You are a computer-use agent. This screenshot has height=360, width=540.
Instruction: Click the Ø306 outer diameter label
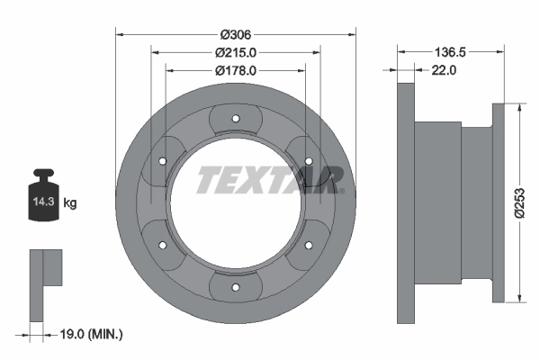pyautogui.click(x=236, y=34)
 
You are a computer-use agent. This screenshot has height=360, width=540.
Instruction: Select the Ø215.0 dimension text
pyautogui.click(x=236, y=52)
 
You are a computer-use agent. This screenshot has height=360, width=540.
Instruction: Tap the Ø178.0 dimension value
pyautogui.click(x=236, y=69)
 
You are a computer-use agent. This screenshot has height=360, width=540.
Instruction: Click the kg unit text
pyautogui.click(x=70, y=203)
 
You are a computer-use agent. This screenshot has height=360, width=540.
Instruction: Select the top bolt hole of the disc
pyautogui.click(x=235, y=118)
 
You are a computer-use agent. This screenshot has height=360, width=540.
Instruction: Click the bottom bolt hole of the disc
pyautogui.click(x=235, y=287)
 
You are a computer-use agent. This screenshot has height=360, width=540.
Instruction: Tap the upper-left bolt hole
pyautogui.click(x=162, y=160)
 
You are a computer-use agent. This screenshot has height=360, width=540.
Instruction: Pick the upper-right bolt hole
pyautogui.click(x=309, y=160)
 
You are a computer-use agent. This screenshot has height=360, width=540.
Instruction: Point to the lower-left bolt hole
pyautogui.click(x=162, y=245)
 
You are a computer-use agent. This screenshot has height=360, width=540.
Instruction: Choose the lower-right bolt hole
pyautogui.click(x=309, y=245)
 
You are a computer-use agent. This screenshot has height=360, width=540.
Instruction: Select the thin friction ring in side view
pyautogui.click(x=405, y=202)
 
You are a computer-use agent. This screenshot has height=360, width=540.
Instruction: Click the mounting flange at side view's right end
pyautogui.click(x=499, y=202)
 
